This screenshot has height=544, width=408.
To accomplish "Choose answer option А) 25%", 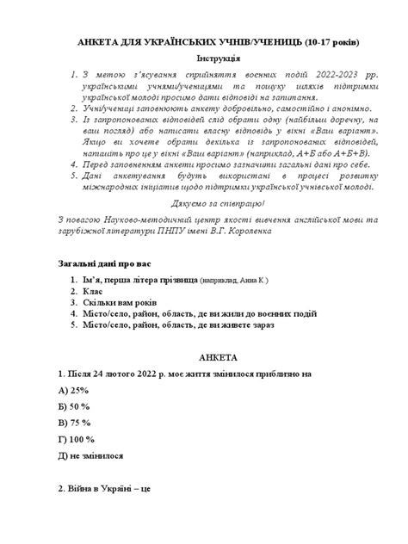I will (71, 393).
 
